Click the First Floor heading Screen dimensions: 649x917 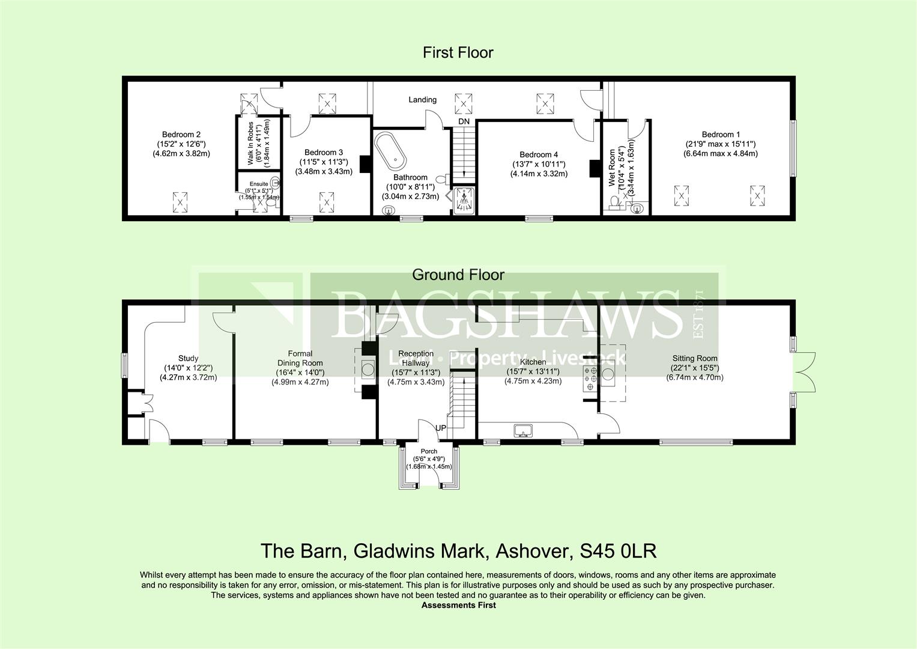coord(458,53)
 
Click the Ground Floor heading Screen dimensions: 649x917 coord(458,275)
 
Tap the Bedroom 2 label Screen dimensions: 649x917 coord(181,135)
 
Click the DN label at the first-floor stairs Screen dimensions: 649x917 coord(464,121)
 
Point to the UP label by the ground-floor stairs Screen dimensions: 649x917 coord(441,428)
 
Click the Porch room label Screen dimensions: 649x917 coord(429,451)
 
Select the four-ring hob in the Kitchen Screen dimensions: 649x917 coord(590,376)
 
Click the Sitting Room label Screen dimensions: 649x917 coord(694,359)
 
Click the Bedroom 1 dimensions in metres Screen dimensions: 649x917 coord(721,153)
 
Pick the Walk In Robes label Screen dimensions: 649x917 coord(250,144)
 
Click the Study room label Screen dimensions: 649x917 coord(188,359)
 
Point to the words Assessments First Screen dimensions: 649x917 coord(458,605)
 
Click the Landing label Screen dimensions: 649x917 coord(422,100)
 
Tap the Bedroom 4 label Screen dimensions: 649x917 coord(535,154)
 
